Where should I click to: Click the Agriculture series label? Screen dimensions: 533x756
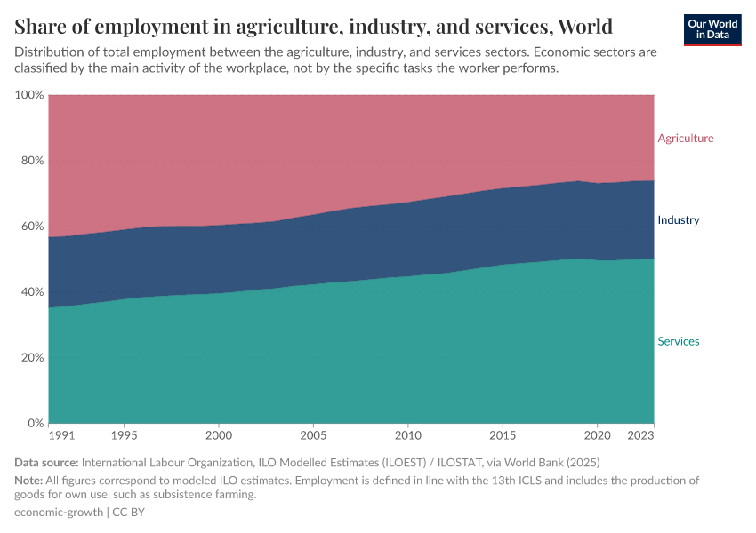[x=685, y=138]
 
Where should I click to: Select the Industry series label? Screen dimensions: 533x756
[x=678, y=220]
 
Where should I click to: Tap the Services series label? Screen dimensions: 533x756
[x=678, y=341]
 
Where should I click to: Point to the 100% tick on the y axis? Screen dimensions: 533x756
[x=29, y=95]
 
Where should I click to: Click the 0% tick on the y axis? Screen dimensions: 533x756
[x=36, y=424]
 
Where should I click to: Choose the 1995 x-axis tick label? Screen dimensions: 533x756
[x=125, y=437]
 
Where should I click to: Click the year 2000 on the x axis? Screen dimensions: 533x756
[x=219, y=437]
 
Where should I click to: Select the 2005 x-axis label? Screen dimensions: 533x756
[x=313, y=437]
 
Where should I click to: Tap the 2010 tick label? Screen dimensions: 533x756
[x=407, y=437]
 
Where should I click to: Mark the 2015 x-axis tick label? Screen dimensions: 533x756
[x=503, y=437]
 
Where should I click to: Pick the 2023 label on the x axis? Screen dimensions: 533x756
[x=641, y=437]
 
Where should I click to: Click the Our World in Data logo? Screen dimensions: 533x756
[x=712, y=29]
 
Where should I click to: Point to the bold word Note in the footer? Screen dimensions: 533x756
[x=28, y=481]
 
